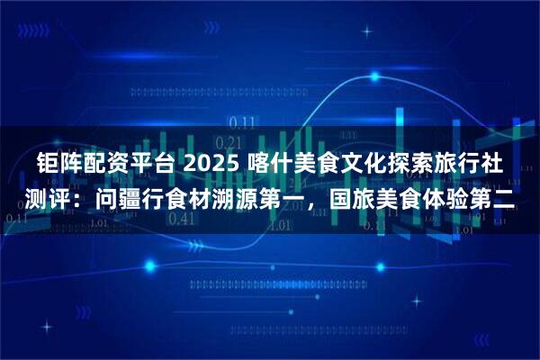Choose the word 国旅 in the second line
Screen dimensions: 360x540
point(350,201)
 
